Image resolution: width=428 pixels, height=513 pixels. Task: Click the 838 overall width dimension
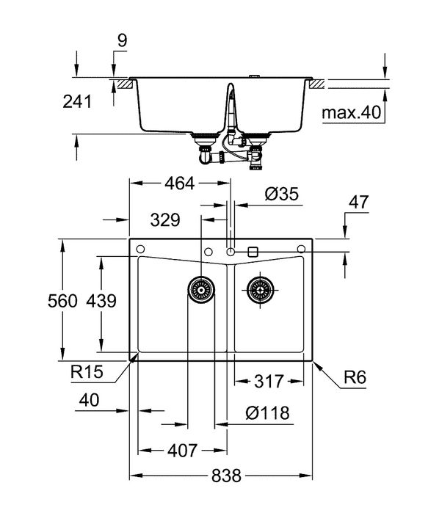coord(226,476)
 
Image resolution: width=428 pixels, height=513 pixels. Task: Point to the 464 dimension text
coord(178,183)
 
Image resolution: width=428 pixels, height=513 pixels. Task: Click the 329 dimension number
coord(166,219)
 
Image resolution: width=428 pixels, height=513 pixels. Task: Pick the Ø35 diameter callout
coord(280,194)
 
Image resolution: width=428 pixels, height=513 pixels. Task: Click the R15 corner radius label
coord(86,373)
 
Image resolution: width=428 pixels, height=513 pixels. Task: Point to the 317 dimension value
coord(269,381)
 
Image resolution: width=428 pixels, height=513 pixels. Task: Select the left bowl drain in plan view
coord(201,290)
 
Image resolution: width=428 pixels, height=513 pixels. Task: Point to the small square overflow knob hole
coord(254,251)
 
